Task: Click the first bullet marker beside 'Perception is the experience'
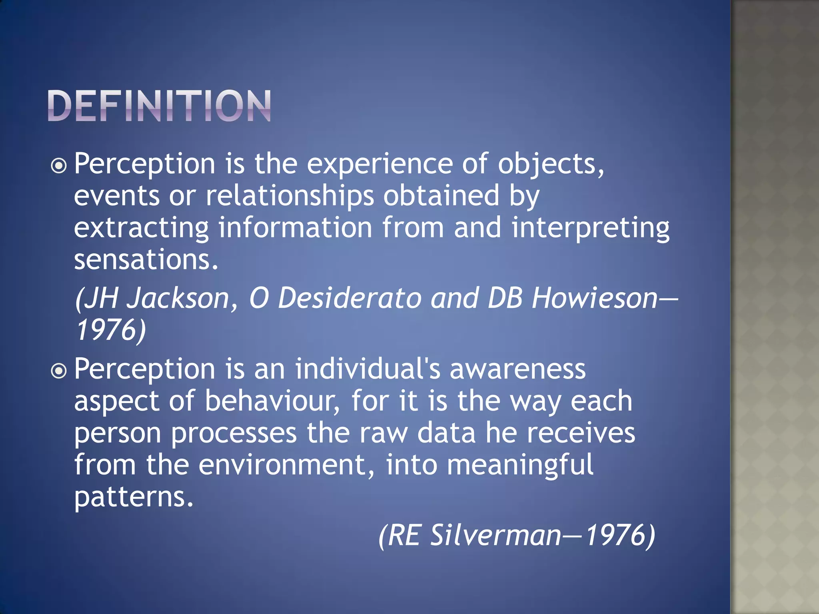pyautogui.click(x=59, y=165)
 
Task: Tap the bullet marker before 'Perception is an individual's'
pyautogui.click(x=59, y=371)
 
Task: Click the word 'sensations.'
pyautogui.click(x=146, y=260)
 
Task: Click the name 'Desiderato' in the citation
pyautogui.click(x=349, y=298)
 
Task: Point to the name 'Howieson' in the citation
pyautogui.click(x=594, y=298)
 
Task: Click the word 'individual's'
pyautogui.click(x=368, y=369)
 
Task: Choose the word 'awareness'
pyautogui.click(x=517, y=369)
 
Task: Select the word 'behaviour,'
pyautogui.click(x=272, y=401)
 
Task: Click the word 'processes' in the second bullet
pyautogui.click(x=234, y=433)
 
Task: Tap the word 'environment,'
pyautogui.click(x=286, y=465)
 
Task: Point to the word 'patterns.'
pyautogui.click(x=134, y=497)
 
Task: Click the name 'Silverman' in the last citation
pyautogui.click(x=495, y=536)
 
